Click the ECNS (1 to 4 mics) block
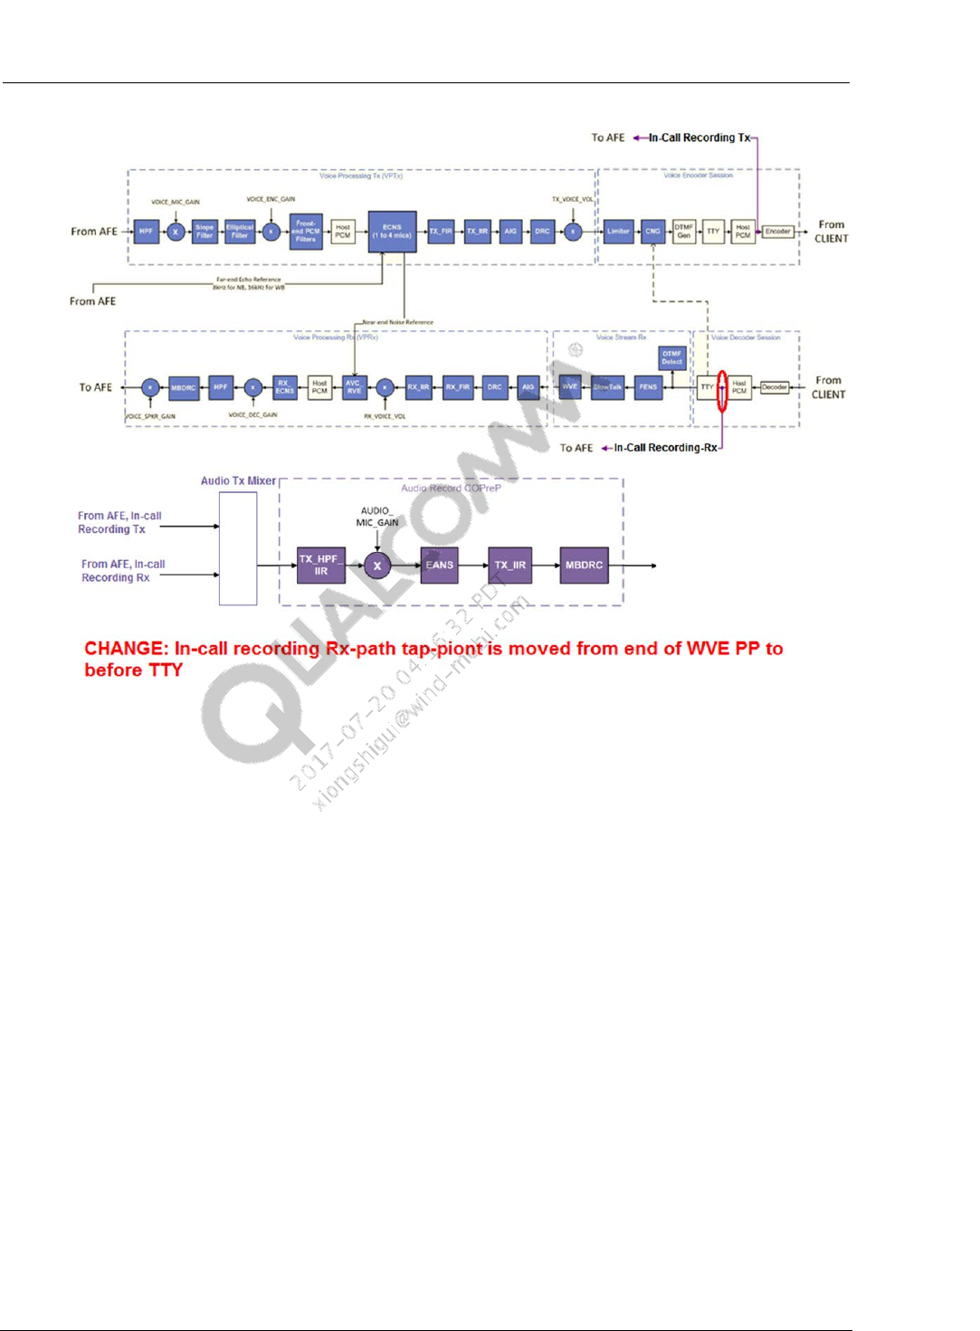click(x=392, y=232)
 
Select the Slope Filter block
click(x=205, y=232)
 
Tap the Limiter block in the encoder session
click(x=618, y=232)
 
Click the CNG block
click(x=652, y=232)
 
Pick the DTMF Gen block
click(x=683, y=232)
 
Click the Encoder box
click(x=777, y=232)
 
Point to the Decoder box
click(x=774, y=387)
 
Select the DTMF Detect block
click(x=671, y=358)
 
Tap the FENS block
click(x=648, y=387)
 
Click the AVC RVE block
click(x=354, y=387)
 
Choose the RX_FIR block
click(x=457, y=387)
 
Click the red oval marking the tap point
click(x=722, y=391)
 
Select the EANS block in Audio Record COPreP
click(x=440, y=566)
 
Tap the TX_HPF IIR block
click(x=320, y=566)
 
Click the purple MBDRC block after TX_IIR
click(x=584, y=566)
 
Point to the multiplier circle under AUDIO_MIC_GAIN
click(x=377, y=566)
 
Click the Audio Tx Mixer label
click(x=238, y=481)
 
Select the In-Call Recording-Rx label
click(x=665, y=448)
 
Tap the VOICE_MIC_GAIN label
click(x=176, y=203)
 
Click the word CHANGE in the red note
click(x=124, y=649)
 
